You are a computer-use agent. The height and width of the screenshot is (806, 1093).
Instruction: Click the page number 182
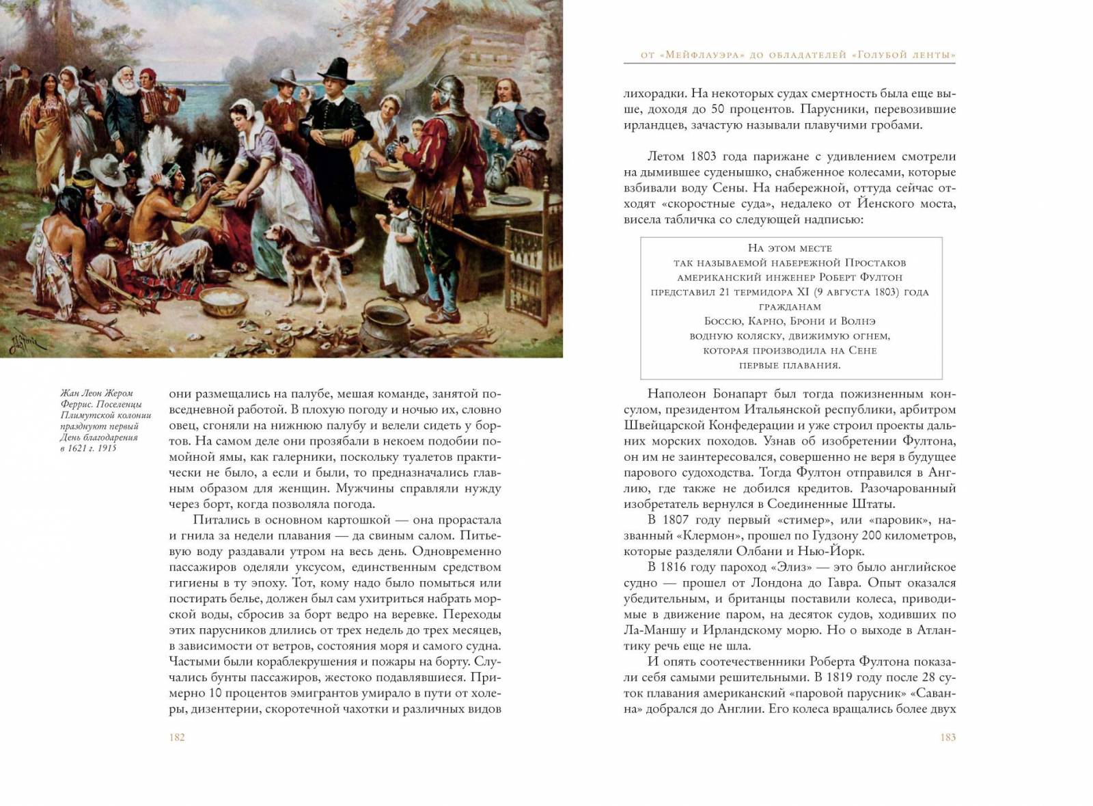click(177, 737)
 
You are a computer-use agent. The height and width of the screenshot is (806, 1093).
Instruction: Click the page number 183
click(947, 737)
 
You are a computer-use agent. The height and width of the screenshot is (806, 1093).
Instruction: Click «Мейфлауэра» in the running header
click(695, 55)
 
